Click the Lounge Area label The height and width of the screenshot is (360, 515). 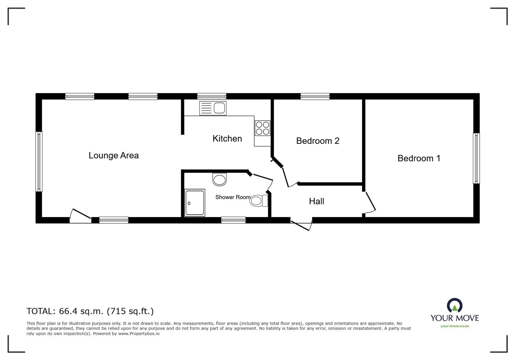[114, 155]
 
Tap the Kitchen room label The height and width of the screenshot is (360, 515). [227, 139]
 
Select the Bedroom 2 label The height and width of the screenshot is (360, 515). [318, 141]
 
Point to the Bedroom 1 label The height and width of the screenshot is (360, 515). [419, 158]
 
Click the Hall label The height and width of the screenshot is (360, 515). [317, 201]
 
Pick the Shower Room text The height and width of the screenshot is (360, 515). [233, 197]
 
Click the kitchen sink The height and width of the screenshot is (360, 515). [213, 108]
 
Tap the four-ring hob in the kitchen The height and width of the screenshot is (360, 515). [263, 128]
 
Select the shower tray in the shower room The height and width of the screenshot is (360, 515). [195, 203]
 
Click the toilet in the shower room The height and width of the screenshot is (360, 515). [259, 200]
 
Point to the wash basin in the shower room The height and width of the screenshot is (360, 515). [220, 179]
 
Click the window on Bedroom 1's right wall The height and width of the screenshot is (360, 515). [476, 158]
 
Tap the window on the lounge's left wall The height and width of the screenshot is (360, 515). [39, 162]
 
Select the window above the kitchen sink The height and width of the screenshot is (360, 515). [212, 97]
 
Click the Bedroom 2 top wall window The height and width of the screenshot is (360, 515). [315, 97]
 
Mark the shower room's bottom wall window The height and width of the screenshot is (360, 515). [233, 220]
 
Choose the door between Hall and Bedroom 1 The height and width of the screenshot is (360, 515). [370, 202]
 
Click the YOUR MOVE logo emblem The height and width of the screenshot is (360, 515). [454, 305]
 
